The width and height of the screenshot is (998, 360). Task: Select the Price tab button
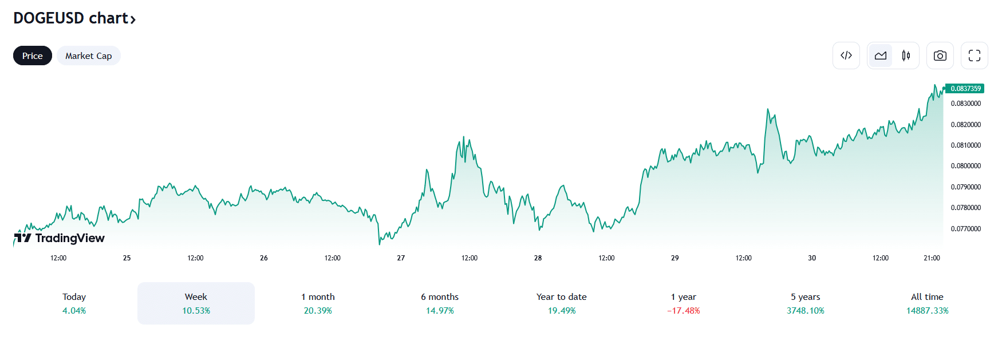click(x=33, y=56)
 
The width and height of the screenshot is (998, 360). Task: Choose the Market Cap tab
click(x=88, y=56)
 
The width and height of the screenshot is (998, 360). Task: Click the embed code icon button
click(x=846, y=56)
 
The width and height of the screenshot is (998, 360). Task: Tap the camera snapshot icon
click(x=940, y=56)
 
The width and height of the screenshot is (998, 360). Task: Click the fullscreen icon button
click(x=974, y=56)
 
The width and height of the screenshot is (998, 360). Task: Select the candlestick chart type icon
click(x=906, y=56)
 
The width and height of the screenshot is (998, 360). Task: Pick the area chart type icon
click(x=881, y=56)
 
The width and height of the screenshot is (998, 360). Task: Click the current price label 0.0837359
click(x=965, y=89)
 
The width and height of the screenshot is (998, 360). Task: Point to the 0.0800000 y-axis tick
click(x=965, y=166)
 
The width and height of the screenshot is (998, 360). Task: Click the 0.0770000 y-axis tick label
click(x=965, y=229)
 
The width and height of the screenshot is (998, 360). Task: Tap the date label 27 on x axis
click(x=401, y=258)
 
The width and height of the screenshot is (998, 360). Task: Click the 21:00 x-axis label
click(x=932, y=258)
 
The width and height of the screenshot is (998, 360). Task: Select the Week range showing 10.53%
click(x=196, y=303)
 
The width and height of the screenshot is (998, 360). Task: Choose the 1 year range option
click(x=683, y=303)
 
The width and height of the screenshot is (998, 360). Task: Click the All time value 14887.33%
click(x=927, y=311)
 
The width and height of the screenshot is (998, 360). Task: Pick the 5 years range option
click(x=805, y=303)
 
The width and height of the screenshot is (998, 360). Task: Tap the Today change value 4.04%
click(x=74, y=311)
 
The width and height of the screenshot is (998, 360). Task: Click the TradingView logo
click(x=60, y=238)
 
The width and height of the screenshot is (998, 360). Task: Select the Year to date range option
click(x=561, y=303)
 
